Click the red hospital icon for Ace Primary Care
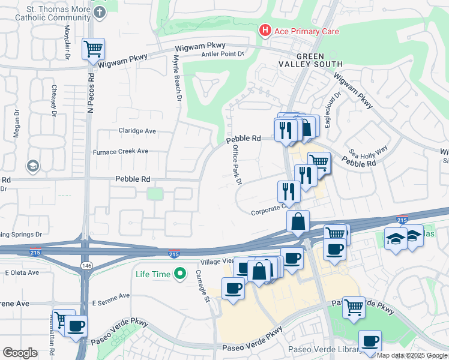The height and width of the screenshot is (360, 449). click(x=264, y=31)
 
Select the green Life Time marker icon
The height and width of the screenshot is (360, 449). click(x=179, y=274)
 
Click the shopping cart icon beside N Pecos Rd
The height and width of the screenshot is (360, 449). click(x=93, y=49)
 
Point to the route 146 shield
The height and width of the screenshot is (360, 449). click(x=86, y=265)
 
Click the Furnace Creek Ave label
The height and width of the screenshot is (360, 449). click(x=120, y=151)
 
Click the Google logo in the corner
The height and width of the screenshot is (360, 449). click(x=20, y=352)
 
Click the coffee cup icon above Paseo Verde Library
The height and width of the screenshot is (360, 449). click(x=370, y=341)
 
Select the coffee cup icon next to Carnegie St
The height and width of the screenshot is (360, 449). click(x=233, y=288)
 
